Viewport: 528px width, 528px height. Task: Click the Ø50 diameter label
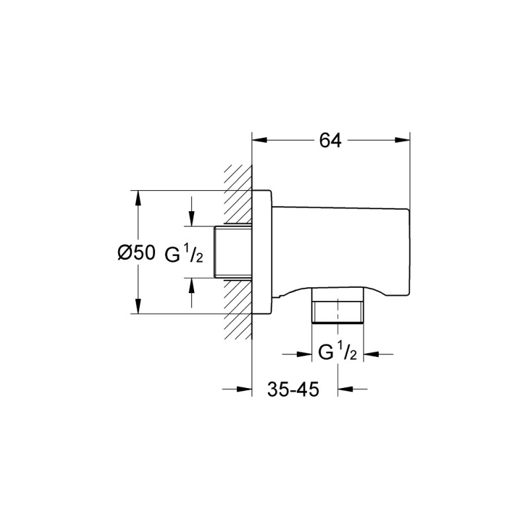(x=136, y=253)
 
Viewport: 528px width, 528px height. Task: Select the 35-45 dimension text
(x=293, y=389)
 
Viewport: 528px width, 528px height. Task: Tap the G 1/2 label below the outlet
(x=337, y=354)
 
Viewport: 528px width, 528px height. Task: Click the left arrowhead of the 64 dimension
(x=259, y=140)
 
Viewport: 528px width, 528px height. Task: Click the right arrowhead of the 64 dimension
(x=405, y=140)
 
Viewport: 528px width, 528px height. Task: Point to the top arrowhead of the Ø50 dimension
(x=138, y=196)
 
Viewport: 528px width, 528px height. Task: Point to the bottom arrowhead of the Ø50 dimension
(x=138, y=308)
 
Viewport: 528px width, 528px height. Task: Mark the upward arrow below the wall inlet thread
(x=191, y=283)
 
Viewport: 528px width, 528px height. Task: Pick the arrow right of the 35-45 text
(x=344, y=389)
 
